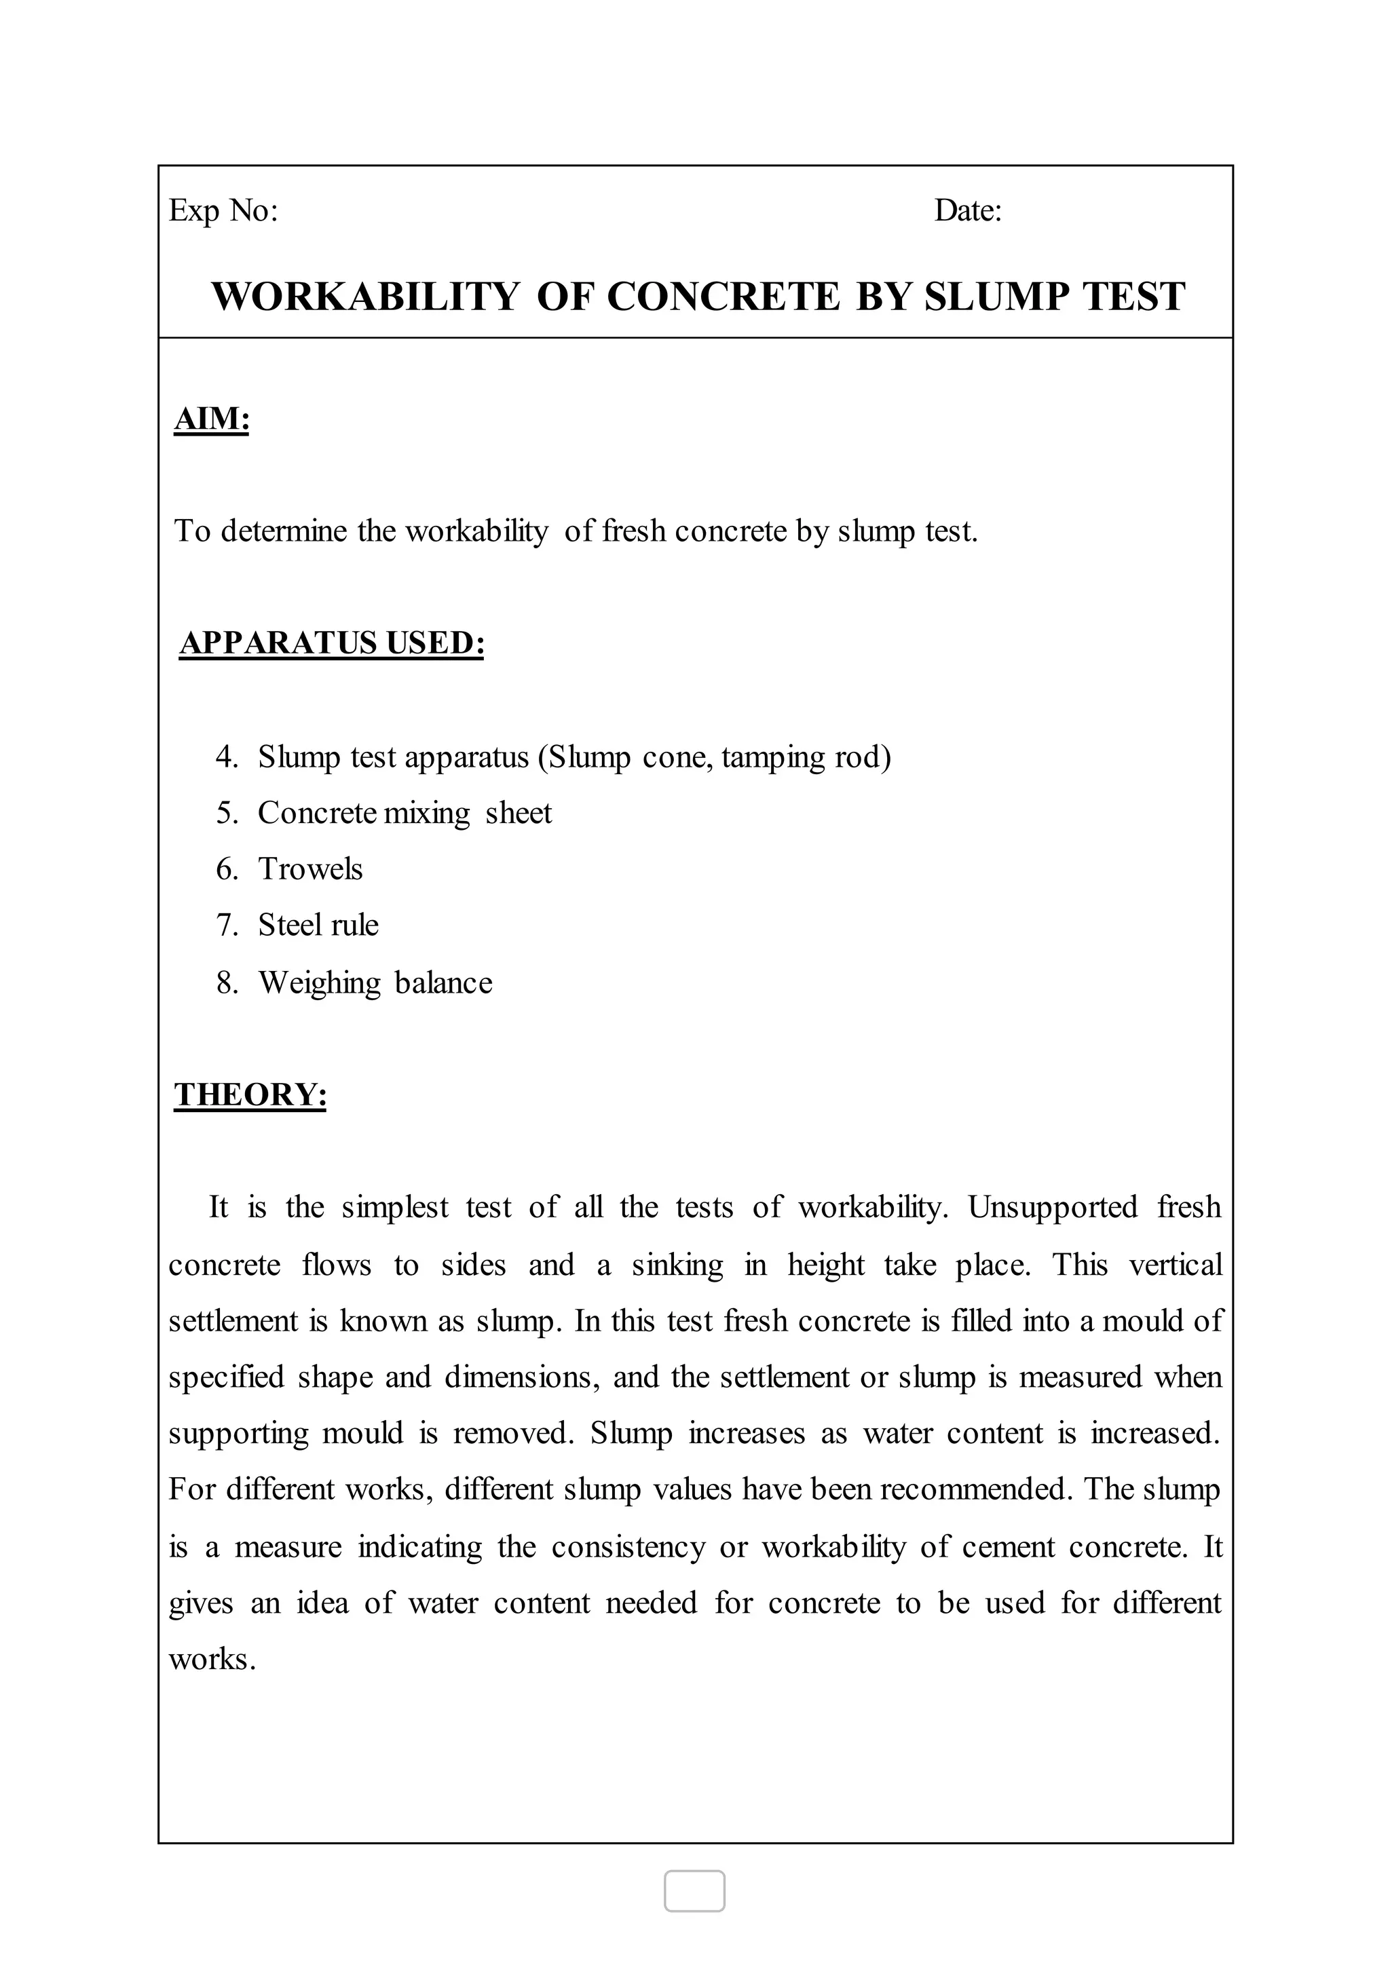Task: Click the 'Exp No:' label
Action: click(223, 210)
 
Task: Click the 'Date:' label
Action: click(968, 210)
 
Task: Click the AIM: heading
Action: click(211, 419)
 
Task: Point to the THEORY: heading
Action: click(250, 1094)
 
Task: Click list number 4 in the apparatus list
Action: click(227, 757)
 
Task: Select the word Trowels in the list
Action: click(311, 870)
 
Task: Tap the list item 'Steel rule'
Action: click(318, 925)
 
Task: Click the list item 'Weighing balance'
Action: click(376, 982)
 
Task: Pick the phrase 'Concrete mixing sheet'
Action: click(405, 813)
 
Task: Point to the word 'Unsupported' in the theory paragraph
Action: click(1053, 1208)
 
